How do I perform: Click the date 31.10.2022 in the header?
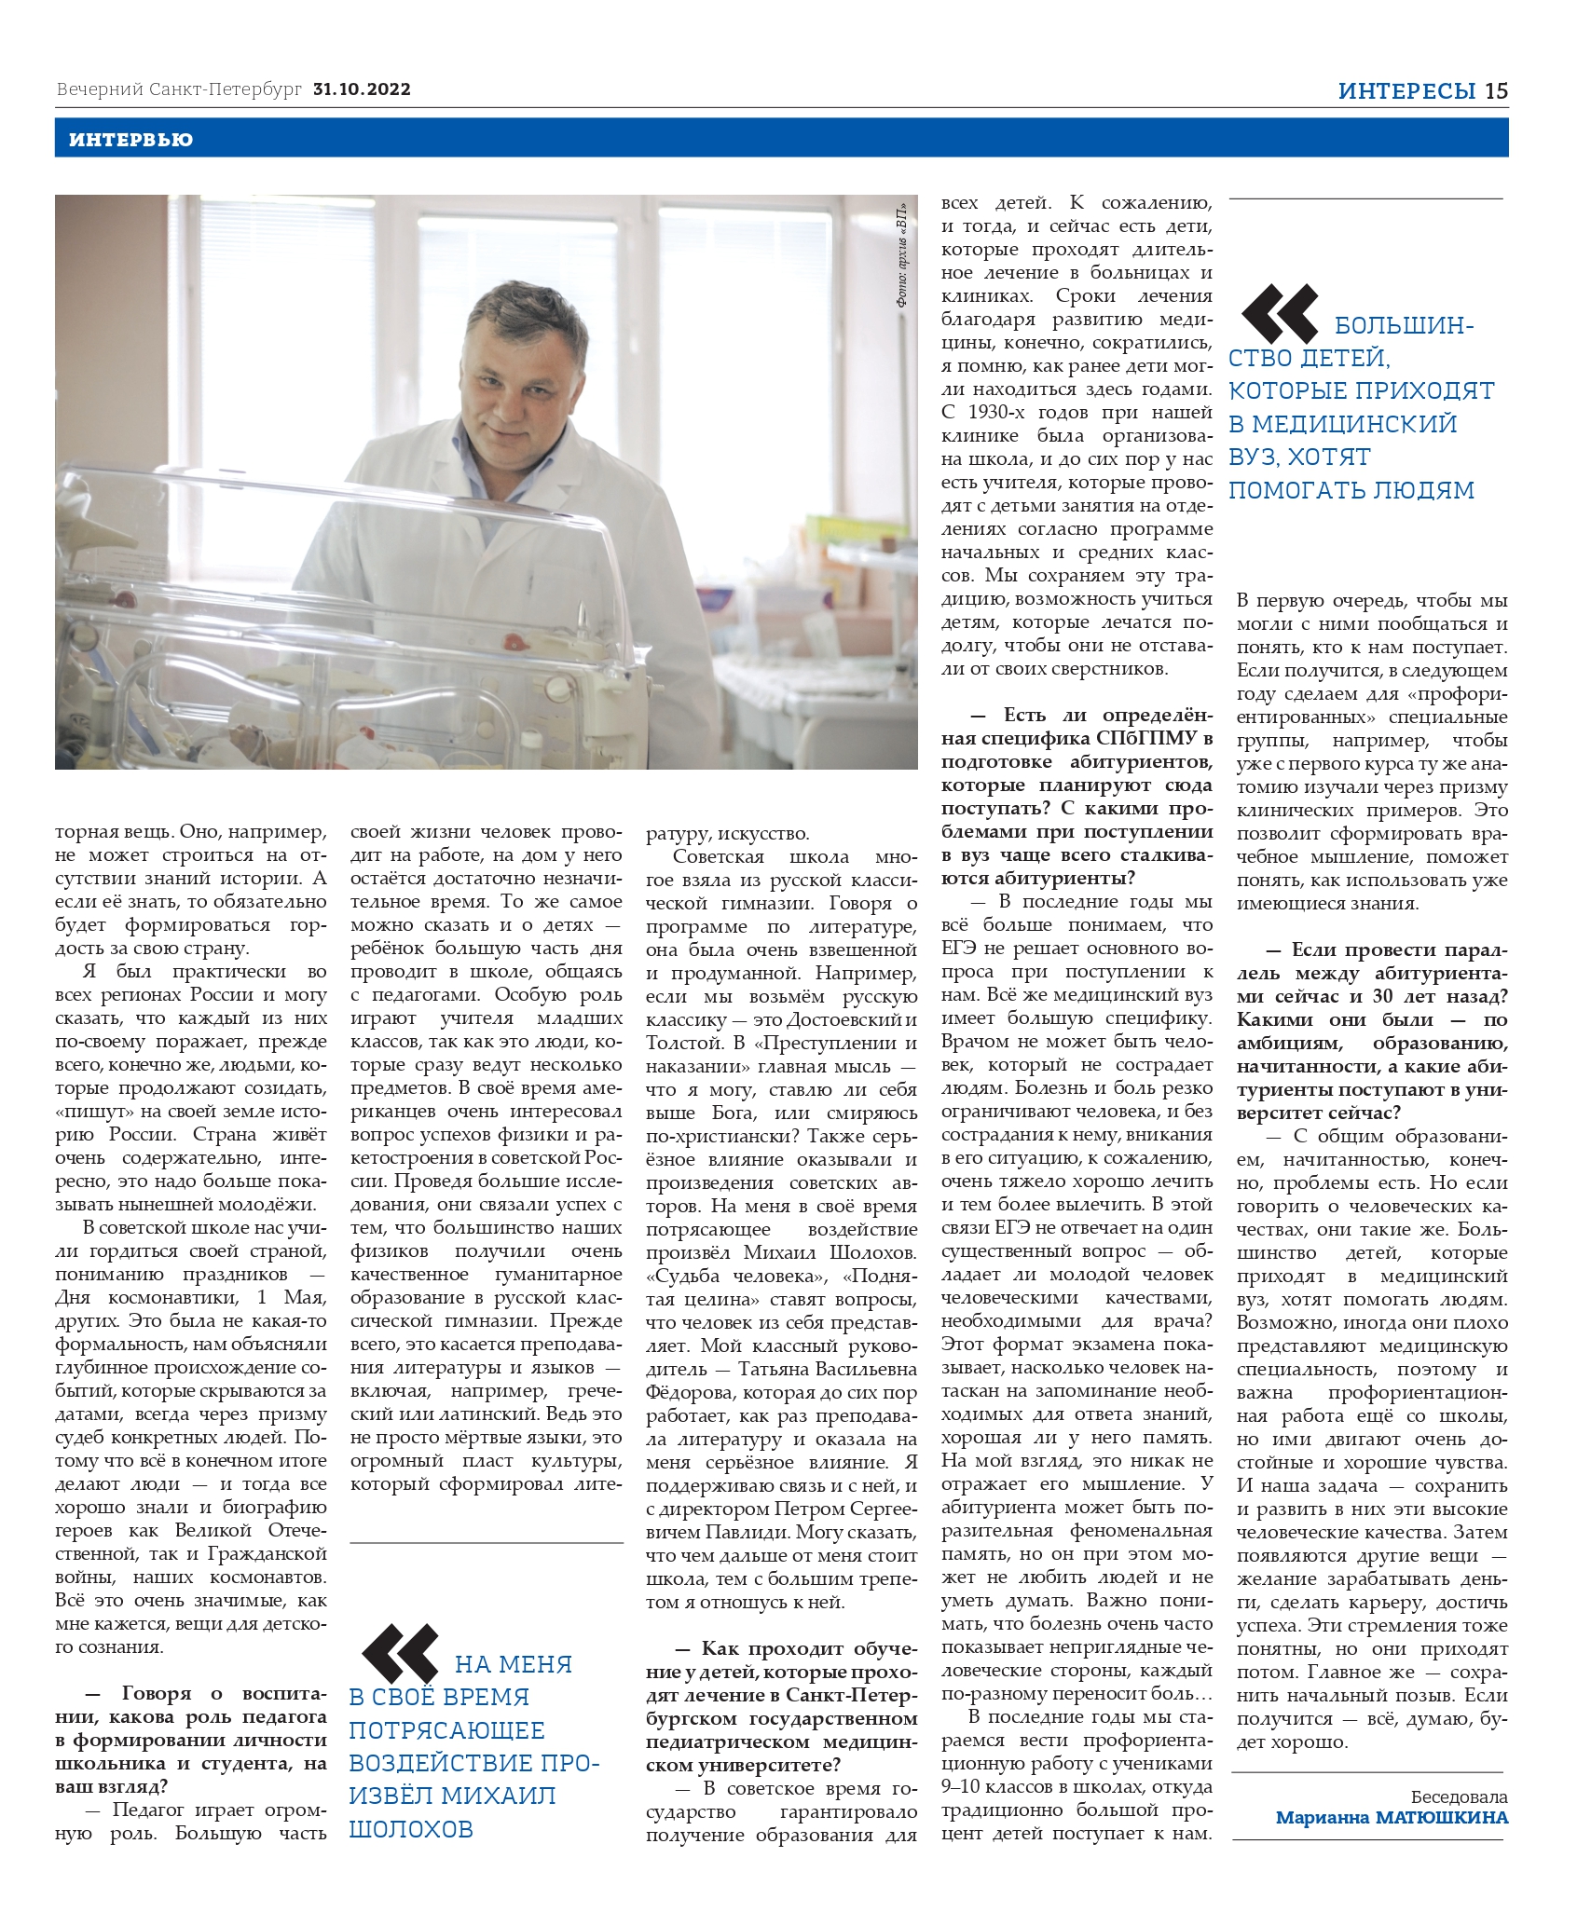pos(363,89)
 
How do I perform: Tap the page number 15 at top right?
pos(1496,90)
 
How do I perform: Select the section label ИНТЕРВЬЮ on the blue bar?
pos(130,140)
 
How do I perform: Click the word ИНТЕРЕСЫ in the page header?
pos(1406,90)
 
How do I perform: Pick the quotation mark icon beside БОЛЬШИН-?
pos(1280,314)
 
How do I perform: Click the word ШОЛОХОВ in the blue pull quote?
pos(411,1828)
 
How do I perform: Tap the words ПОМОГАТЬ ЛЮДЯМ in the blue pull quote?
pos(1351,490)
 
